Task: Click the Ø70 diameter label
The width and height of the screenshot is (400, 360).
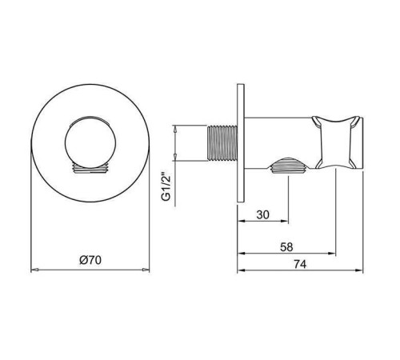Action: click(90, 260)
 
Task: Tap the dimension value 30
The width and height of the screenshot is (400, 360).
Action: click(262, 214)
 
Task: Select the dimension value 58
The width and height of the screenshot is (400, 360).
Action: click(286, 247)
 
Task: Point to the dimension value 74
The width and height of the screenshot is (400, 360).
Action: click(300, 264)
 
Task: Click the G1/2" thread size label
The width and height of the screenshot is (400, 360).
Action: click(166, 187)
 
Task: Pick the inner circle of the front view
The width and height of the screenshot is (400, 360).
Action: click(90, 142)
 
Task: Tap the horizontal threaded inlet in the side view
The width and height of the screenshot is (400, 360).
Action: click(222, 143)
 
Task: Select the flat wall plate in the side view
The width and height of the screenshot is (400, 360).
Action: click(241, 143)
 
